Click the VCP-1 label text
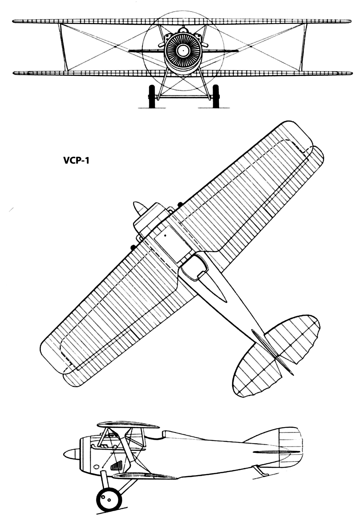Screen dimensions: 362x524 pyautogui.click(x=76, y=161)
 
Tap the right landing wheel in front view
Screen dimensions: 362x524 pyautogui.click(x=216, y=96)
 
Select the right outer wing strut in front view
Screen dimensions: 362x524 pyautogui.click(x=303, y=47)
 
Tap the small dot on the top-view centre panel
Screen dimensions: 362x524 pyautogui.click(x=165, y=236)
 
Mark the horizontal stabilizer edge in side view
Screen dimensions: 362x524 pyautogui.click(x=277, y=451)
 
